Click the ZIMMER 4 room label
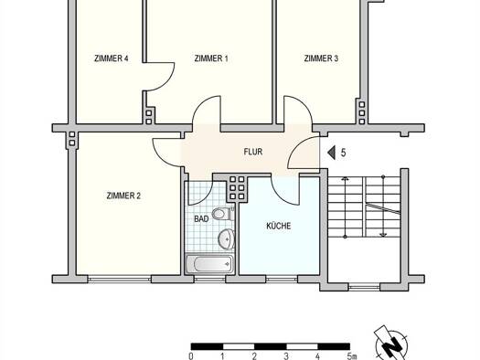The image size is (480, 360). click(x=111, y=58)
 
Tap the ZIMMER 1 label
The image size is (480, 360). click(x=211, y=58)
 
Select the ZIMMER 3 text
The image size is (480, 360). click(x=321, y=58)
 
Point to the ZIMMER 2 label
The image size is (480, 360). click(x=123, y=196)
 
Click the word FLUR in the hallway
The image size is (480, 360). click(x=253, y=152)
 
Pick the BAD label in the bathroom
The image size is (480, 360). click(x=201, y=219)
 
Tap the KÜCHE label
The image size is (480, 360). click(x=279, y=226)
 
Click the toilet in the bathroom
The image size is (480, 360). click(x=223, y=214)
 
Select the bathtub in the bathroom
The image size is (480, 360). click(x=209, y=264)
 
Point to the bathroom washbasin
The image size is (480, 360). click(x=227, y=238)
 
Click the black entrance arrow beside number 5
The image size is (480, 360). click(x=331, y=153)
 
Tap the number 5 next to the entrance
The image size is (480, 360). click(x=343, y=153)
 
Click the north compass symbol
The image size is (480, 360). click(x=391, y=343)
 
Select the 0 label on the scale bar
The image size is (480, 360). click(x=191, y=356)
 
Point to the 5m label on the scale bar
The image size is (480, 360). click(x=352, y=356)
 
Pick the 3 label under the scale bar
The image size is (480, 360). click(x=286, y=356)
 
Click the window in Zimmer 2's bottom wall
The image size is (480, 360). click(x=120, y=279)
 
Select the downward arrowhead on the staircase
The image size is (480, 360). click(x=383, y=235)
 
